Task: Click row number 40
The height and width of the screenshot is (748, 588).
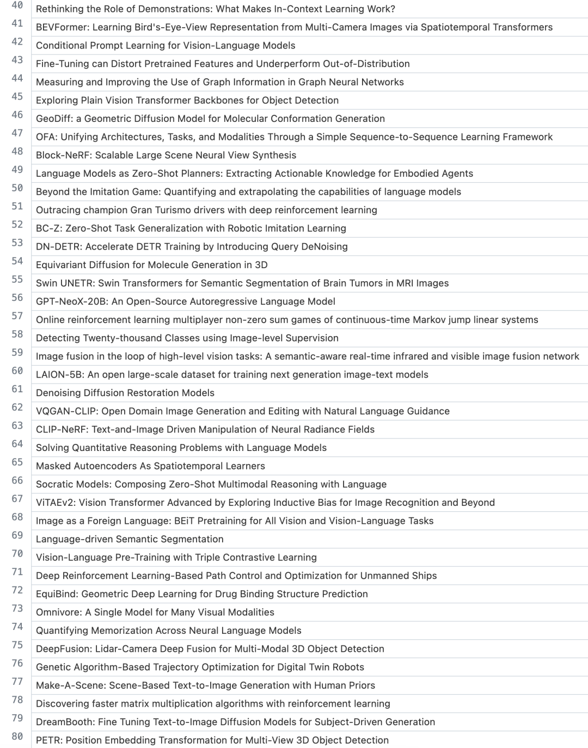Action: tap(17, 5)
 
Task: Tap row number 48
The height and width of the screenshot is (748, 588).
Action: tap(17, 151)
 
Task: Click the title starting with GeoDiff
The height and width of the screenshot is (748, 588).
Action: tap(210, 119)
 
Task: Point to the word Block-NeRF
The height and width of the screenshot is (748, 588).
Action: tap(63, 155)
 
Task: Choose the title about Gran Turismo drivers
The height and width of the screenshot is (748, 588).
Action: tap(206, 210)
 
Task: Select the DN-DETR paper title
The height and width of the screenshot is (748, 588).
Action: tap(192, 246)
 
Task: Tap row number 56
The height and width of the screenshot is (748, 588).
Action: tap(17, 298)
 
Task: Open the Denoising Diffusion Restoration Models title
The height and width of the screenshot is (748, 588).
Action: tap(125, 393)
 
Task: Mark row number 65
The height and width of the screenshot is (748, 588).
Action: tap(17, 462)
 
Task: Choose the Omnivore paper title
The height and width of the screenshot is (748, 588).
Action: tap(155, 613)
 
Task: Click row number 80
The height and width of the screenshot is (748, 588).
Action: tap(17, 736)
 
